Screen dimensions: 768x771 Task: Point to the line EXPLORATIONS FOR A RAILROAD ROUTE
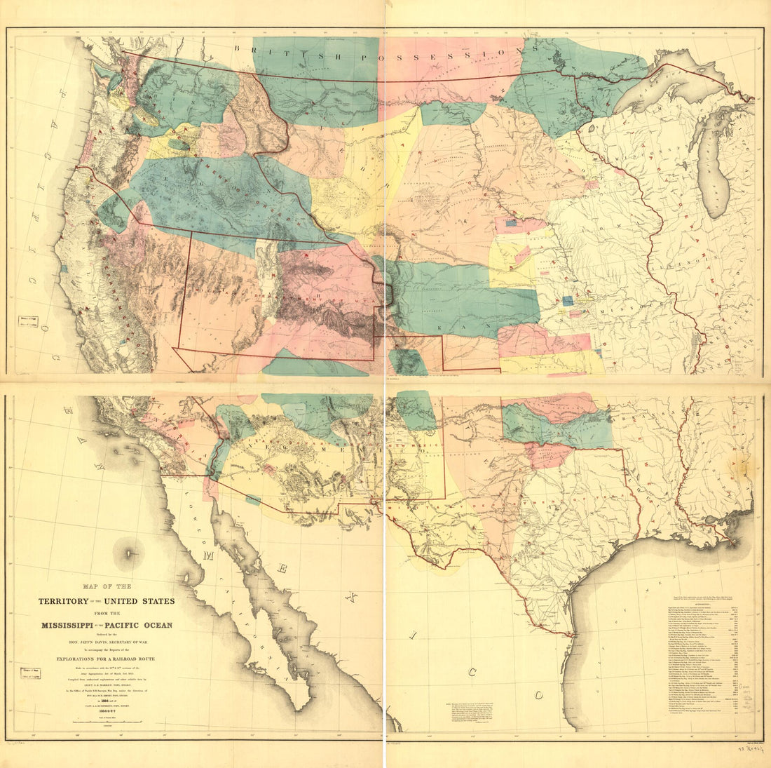(105, 660)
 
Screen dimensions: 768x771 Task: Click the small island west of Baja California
(130, 552)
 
